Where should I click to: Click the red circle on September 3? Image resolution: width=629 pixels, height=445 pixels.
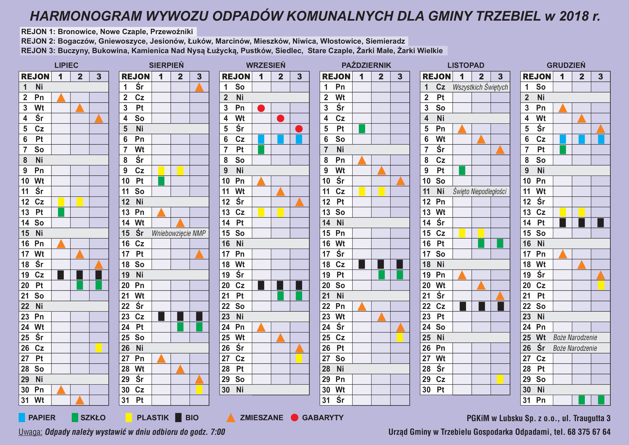[x=261, y=108]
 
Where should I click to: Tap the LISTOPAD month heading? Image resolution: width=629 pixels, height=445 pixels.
[x=466, y=65]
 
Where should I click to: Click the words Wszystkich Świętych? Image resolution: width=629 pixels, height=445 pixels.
[x=480, y=87]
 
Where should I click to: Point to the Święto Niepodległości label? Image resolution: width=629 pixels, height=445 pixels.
[x=480, y=191]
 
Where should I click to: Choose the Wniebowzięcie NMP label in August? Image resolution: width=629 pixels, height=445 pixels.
[x=179, y=233]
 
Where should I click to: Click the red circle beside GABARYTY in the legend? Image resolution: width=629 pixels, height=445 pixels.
[x=294, y=418]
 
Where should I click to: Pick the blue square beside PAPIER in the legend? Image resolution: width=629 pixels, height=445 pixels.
[x=22, y=418]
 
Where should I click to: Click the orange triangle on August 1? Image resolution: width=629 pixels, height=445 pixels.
[x=199, y=87]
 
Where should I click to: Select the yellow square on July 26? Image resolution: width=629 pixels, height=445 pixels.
[x=99, y=348]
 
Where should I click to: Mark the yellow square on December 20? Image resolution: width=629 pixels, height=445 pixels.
[x=601, y=285]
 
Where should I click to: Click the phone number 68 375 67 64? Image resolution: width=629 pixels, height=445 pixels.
[x=589, y=432]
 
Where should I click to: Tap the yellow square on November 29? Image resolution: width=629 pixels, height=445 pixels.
[x=500, y=379]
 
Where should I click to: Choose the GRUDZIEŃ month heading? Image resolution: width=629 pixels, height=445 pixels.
[x=566, y=65]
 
